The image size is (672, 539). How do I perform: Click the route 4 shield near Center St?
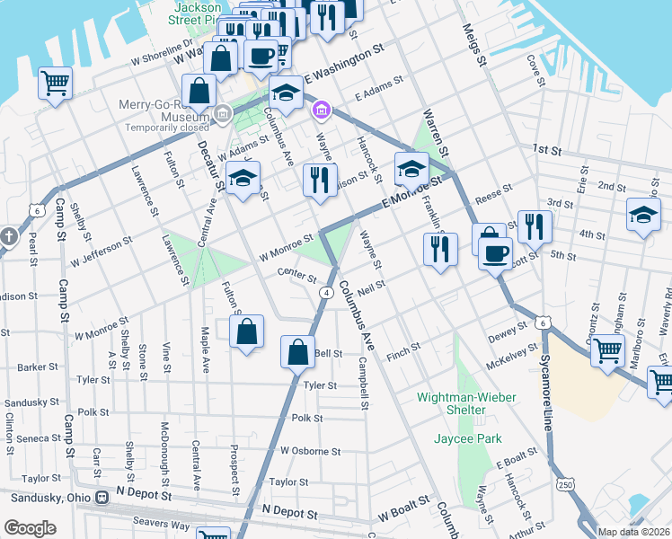(x=326, y=293)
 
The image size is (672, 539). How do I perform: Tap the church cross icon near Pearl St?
(x=9, y=237)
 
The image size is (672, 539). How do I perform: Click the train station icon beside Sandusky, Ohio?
(x=102, y=496)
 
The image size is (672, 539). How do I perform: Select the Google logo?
(x=30, y=528)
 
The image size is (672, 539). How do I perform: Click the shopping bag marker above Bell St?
(x=297, y=351)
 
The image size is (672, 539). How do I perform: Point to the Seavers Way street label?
(x=156, y=526)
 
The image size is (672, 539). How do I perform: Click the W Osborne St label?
(x=310, y=451)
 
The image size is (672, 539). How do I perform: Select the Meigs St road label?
(x=474, y=49)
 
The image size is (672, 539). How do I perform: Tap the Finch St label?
(x=402, y=348)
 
